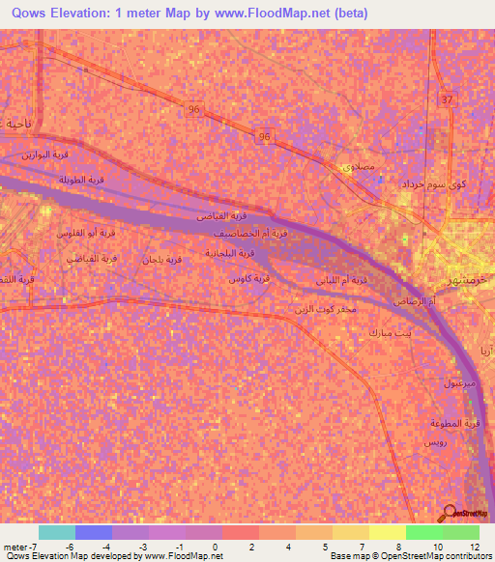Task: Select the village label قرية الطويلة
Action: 81,181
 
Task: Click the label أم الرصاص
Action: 398,302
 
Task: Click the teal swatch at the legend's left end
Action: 56,532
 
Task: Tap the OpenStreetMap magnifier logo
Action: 450,515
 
